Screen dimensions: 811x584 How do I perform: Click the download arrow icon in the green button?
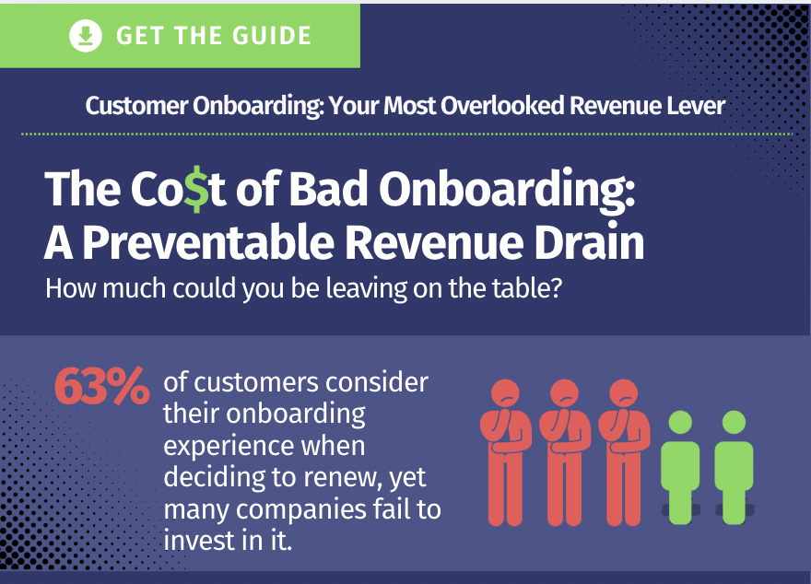click(x=86, y=35)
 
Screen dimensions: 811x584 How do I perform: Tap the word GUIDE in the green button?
click(x=272, y=36)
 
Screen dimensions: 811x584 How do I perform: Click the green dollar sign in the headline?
click(x=197, y=189)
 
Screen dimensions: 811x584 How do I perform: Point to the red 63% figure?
click(x=102, y=386)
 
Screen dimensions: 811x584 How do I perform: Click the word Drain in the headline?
click(x=589, y=242)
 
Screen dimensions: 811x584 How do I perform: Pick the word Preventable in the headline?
click(x=208, y=242)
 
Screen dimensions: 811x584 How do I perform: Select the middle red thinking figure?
click(x=565, y=452)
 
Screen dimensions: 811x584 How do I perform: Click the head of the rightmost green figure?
click(x=734, y=422)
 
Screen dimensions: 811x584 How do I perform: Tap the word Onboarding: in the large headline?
click(x=507, y=189)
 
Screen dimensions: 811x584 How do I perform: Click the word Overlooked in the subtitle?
click(x=501, y=105)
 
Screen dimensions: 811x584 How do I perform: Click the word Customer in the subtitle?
click(x=136, y=105)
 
